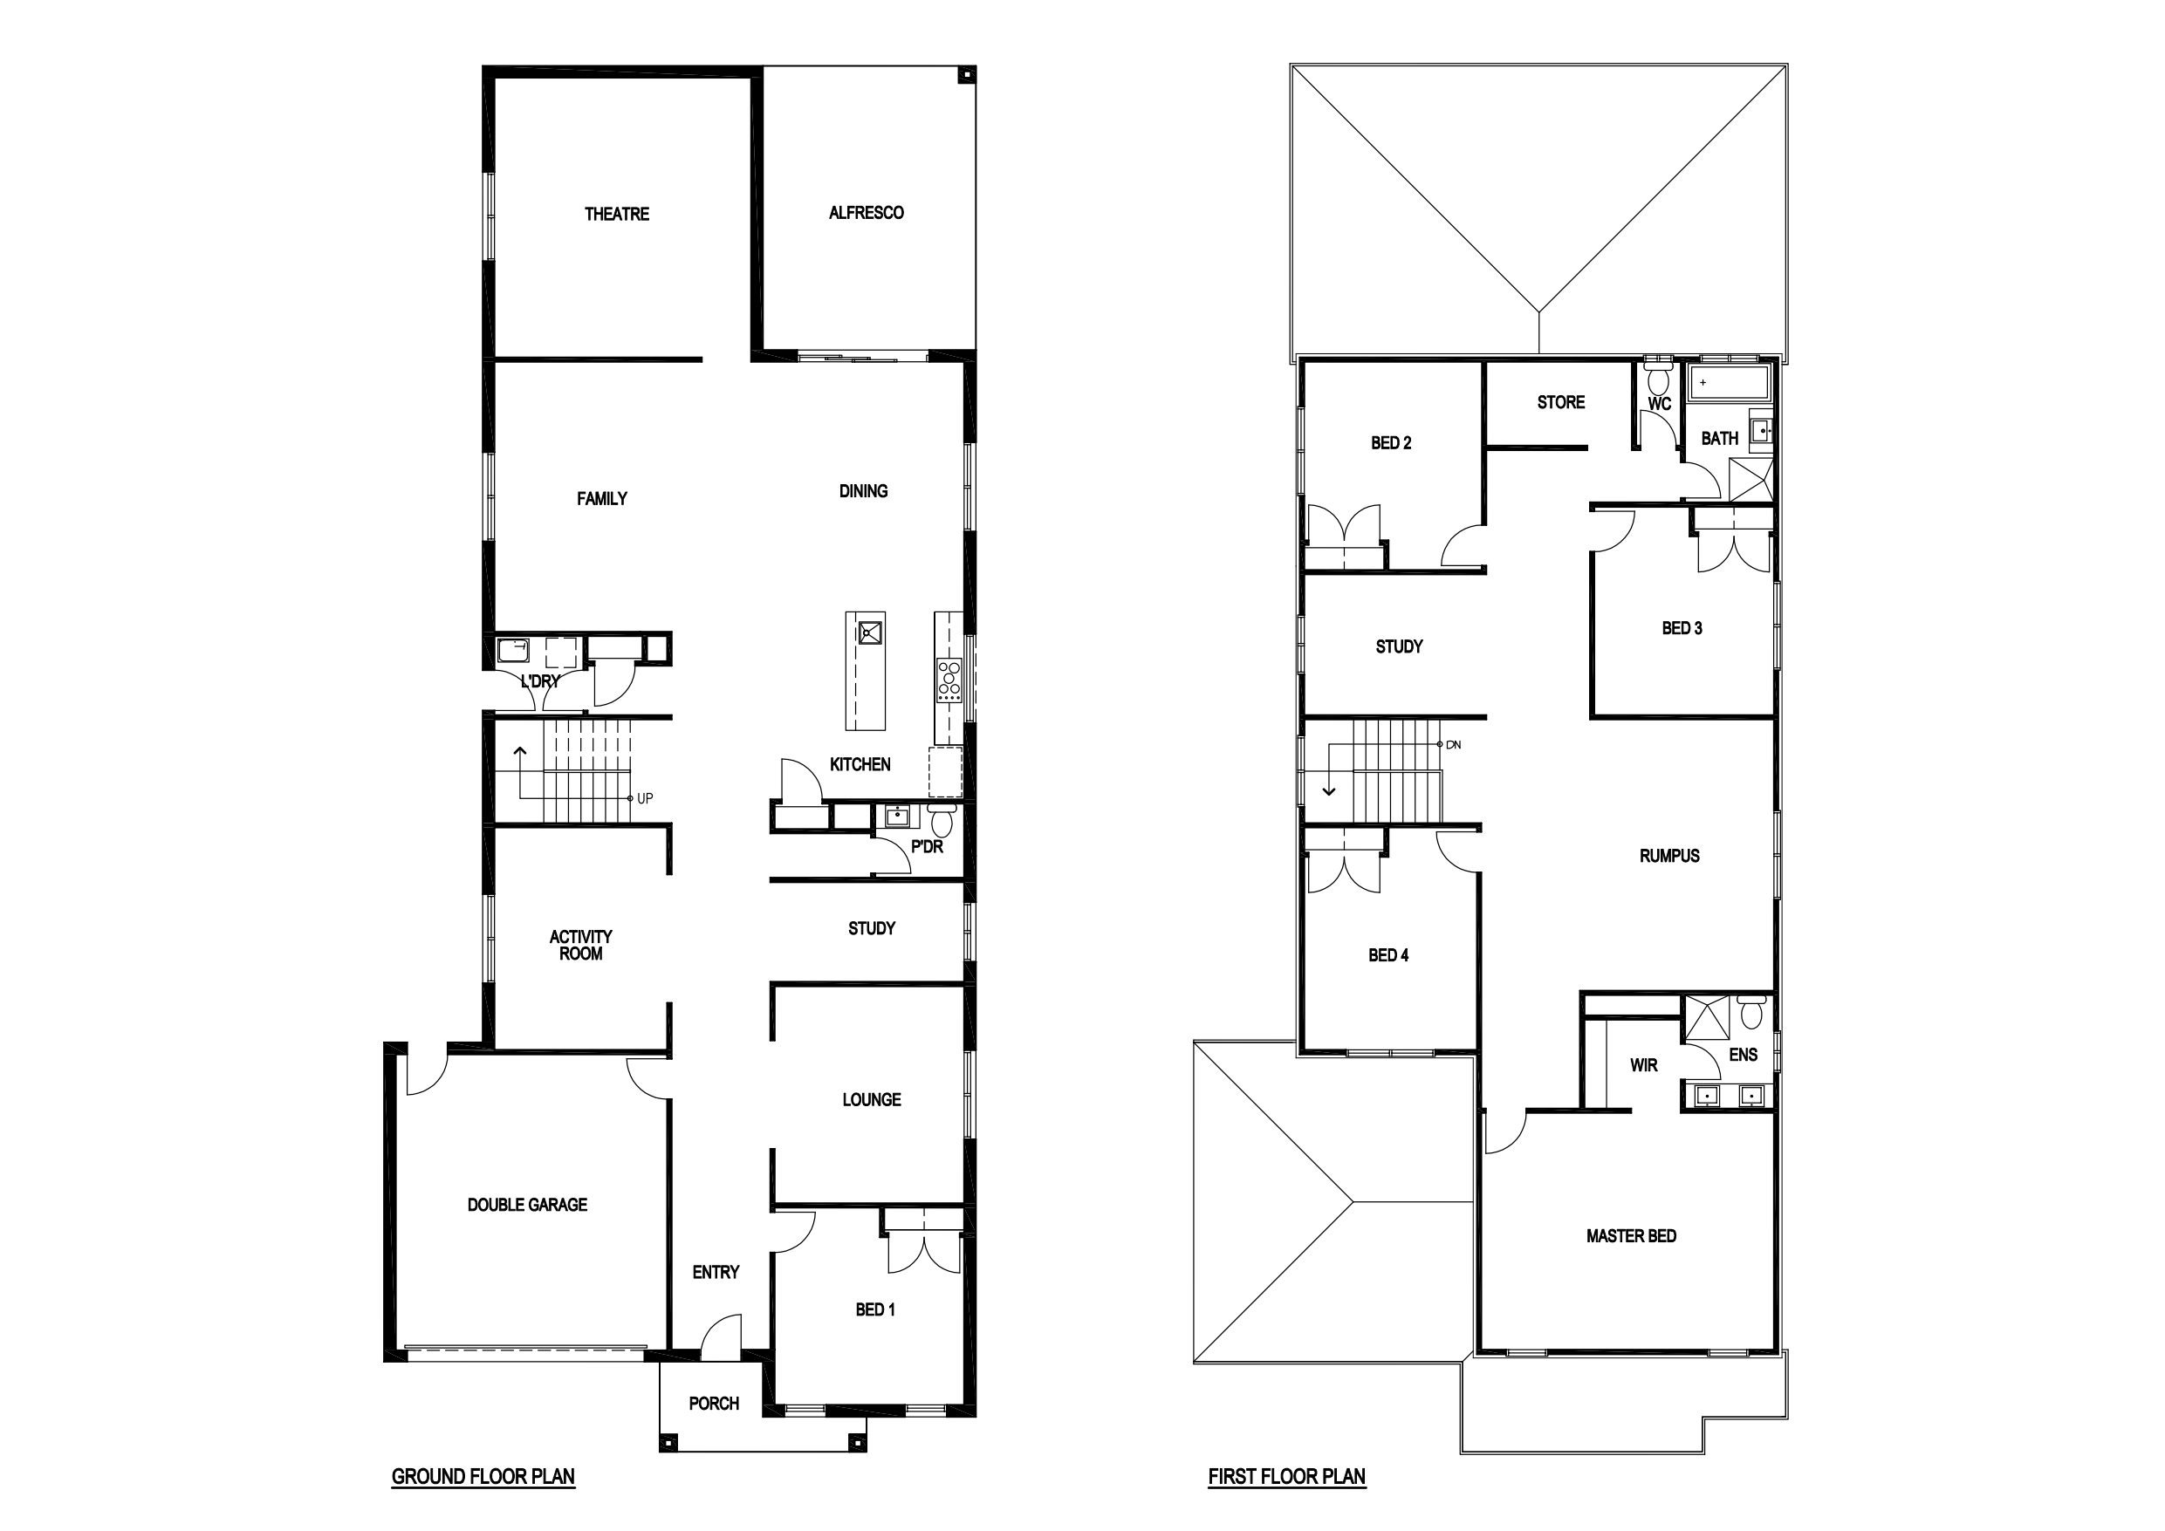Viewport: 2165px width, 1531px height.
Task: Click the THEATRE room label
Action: click(617, 214)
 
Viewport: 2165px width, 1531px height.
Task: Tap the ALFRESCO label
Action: click(866, 213)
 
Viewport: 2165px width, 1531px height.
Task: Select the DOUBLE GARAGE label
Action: click(527, 1205)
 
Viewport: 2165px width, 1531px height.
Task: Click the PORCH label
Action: click(714, 1404)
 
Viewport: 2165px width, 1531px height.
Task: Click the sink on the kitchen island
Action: click(868, 631)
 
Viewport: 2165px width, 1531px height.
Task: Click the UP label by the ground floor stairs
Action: click(645, 798)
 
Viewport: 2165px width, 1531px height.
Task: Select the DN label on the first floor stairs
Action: click(1453, 745)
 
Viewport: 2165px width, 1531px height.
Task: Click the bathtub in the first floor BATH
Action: click(1730, 383)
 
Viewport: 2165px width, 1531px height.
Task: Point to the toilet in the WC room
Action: click(1658, 381)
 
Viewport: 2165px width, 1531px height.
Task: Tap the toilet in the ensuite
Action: click(1751, 1014)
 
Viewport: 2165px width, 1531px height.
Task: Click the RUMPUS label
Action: click(1669, 856)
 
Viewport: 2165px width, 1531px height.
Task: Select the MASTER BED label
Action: click(1631, 1236)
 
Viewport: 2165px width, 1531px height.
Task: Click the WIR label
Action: click(1643, 1065)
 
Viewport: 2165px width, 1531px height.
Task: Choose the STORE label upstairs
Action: click(1560, 402)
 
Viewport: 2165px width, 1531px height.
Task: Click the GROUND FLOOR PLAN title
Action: click(483, 1476)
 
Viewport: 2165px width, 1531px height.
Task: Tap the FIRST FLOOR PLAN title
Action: click(1286, 1476)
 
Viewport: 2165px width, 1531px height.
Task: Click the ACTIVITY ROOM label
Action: click(581, 946)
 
